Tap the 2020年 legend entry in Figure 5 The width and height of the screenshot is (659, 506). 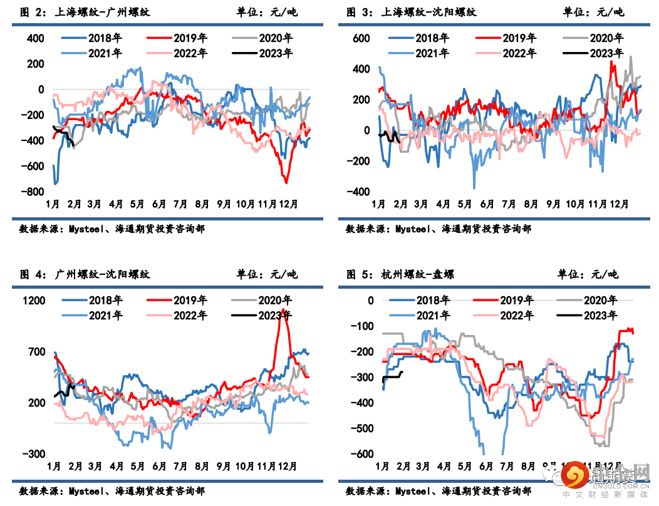tap(599, 301)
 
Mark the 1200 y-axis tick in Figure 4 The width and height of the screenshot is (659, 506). tap(34, 301)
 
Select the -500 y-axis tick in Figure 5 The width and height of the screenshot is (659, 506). tap(361, 428)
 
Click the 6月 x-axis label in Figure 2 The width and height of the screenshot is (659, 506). tap(159, 204)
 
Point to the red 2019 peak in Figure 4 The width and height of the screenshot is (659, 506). tap(284, 310)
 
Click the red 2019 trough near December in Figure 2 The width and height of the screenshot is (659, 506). tap(286, 182)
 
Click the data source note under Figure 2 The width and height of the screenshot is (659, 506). tap(112, 229)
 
